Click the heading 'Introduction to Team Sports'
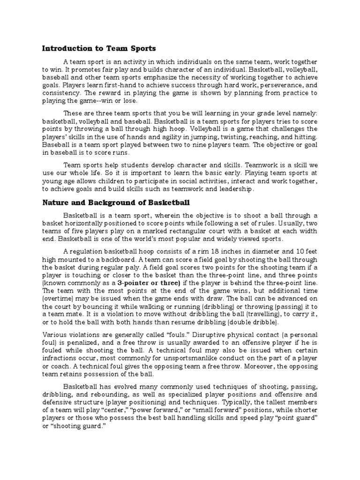pos(99,48)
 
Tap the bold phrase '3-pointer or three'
pos(149,284)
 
